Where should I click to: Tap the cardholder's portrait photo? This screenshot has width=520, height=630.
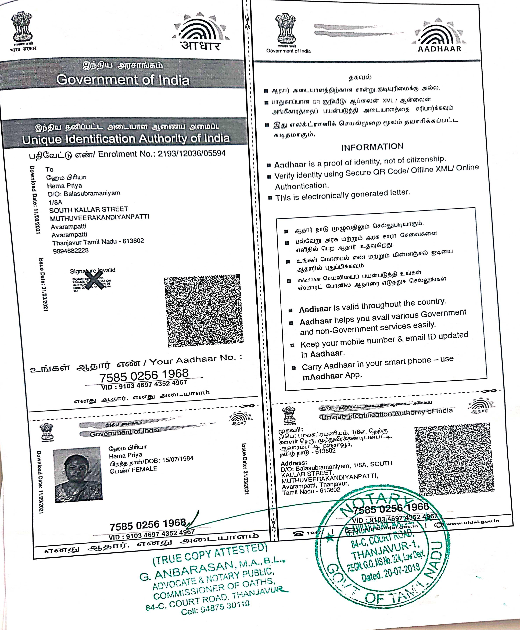78,475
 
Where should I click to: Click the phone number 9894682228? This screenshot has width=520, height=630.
71,251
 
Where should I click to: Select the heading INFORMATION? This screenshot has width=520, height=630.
372,147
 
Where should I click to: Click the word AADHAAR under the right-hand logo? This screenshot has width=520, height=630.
439,49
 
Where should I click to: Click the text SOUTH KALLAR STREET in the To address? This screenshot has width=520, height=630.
89,209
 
